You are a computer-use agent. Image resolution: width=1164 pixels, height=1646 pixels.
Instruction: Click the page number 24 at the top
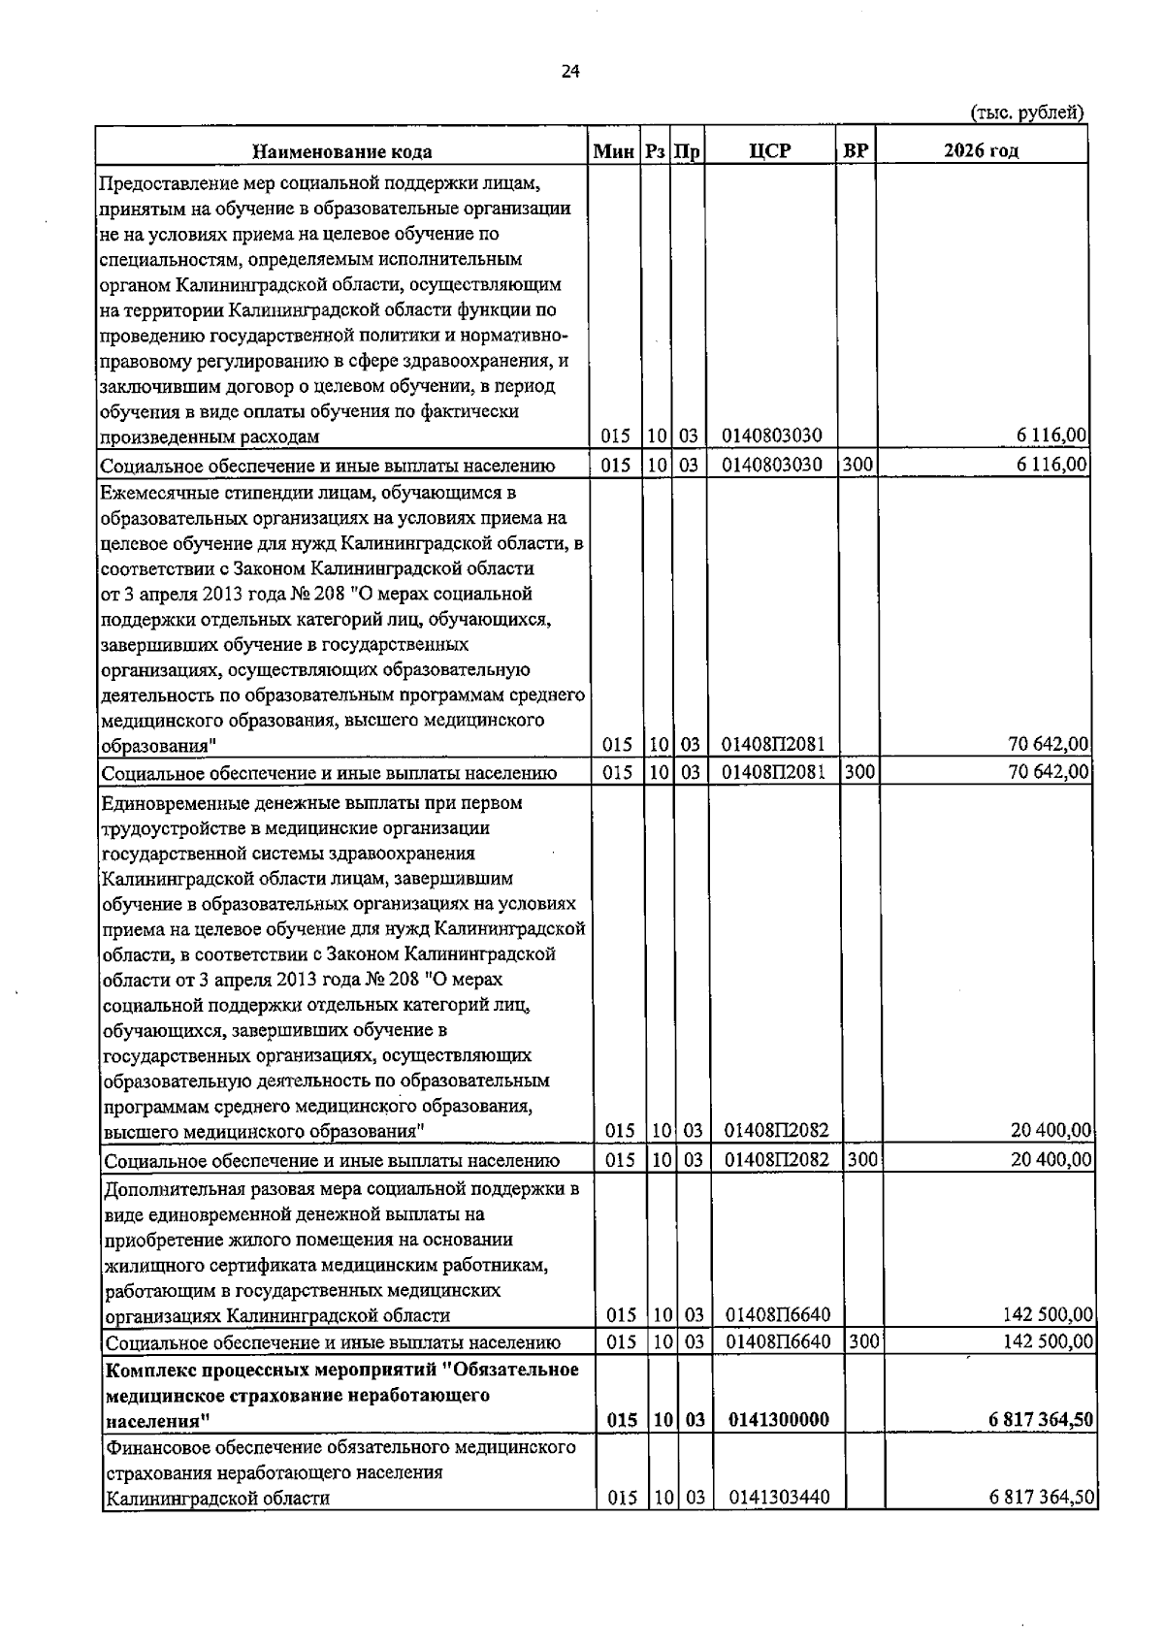tap(569, 72)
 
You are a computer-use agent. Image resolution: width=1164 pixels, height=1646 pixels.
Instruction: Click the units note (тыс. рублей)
tap(1026, 113)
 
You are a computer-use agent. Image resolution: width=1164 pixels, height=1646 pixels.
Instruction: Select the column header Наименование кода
tap(342, 151)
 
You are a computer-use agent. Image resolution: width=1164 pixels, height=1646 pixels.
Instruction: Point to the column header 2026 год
tap(981, 150)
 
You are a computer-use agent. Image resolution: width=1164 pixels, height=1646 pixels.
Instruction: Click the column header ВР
tap(856, 150)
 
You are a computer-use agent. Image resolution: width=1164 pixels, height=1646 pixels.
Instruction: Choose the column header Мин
tap(615, 151)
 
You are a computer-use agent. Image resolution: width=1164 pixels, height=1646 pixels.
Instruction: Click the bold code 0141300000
tap(778, 1420)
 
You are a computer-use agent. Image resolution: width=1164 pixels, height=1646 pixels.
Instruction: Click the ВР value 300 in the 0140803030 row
tap(857, 465)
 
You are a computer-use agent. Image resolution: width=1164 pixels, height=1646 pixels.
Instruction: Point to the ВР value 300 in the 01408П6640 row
tap(862, 1342)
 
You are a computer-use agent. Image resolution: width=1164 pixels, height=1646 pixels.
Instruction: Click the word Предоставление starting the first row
tap(161, 183)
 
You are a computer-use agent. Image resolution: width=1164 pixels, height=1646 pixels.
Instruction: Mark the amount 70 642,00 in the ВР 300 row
tap(1048, 772)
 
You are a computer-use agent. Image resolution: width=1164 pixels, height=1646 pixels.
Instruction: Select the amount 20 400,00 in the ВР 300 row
tap(1051, 1159)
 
